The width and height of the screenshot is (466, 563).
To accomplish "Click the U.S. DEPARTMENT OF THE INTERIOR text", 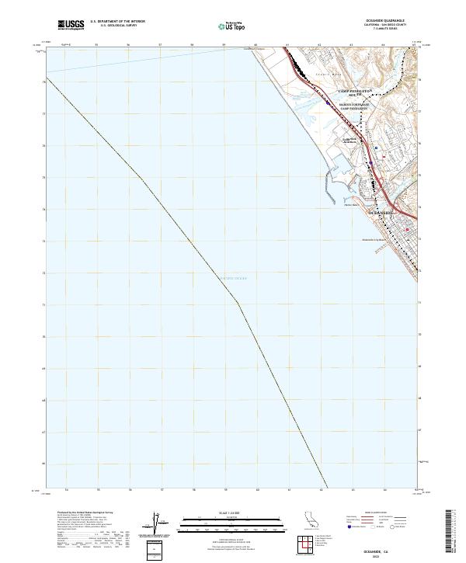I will click(117, 21).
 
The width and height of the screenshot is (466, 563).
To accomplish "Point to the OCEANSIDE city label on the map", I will click(381, 211).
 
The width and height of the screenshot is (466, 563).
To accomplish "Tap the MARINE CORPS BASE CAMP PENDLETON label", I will click(355, 107).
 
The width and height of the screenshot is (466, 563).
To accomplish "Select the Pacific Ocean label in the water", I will click(232, 278).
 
